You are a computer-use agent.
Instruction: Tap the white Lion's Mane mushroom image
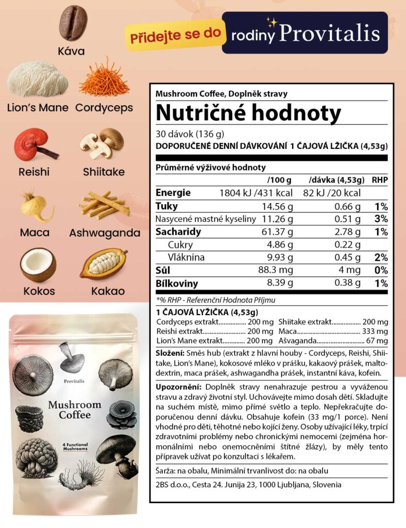[38, 79]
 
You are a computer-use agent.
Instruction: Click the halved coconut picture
[38, 265]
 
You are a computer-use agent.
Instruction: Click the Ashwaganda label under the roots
[105, 233]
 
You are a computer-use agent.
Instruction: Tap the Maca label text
[35, 233]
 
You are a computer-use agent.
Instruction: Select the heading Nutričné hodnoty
[248, 112]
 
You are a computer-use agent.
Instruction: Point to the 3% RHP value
[381, 219]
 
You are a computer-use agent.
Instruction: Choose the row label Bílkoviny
[176, 283]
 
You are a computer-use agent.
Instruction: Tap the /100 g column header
[279, 180]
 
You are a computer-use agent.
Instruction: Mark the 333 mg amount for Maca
[378, 331]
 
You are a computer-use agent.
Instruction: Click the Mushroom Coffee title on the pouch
[74, 409]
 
